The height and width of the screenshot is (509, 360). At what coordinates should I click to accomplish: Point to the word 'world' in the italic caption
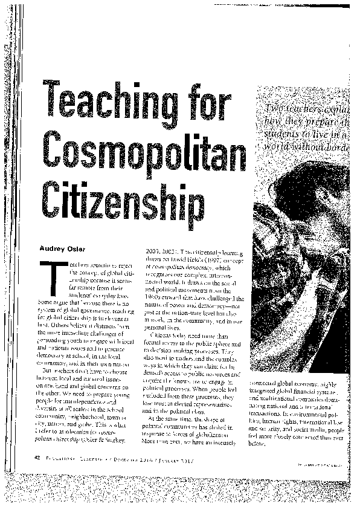pyautogui.click(x=279, y=147)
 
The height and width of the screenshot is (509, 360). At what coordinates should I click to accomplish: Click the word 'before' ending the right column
pyautogui.click(x=257, y=443)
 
